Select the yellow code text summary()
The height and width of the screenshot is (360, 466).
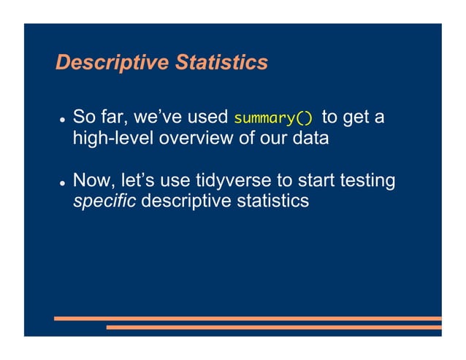(273, 118)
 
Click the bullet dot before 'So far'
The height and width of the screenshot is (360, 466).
(64, 119)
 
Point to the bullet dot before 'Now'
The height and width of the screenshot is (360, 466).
(64, 181)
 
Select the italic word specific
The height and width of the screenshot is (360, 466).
(104, 200)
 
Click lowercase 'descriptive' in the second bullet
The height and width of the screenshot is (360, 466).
(188, 200)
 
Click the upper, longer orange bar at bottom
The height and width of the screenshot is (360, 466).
(248, 318)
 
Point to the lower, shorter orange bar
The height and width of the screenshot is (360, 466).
(274, 327)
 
